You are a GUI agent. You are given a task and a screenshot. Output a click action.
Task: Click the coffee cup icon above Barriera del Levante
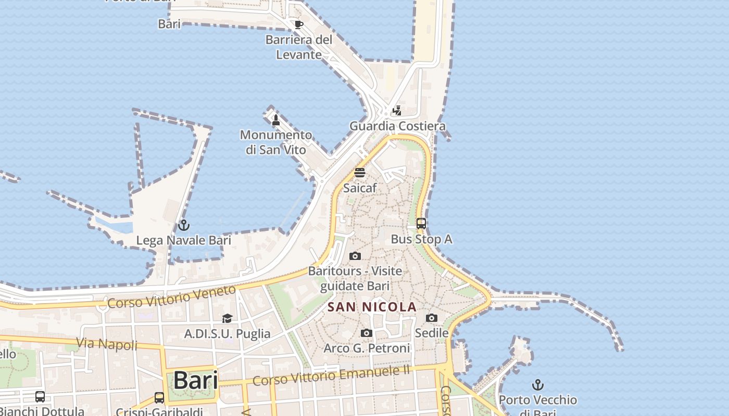298,24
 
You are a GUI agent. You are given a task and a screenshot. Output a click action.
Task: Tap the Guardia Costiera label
397,126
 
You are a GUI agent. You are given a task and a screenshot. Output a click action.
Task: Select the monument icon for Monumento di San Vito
276,120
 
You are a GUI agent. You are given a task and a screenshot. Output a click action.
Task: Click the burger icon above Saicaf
359,173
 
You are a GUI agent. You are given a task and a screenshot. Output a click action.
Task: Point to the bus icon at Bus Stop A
421,224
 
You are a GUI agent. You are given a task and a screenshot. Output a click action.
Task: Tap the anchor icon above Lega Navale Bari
183,225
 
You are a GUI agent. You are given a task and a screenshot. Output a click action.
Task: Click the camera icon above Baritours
355,256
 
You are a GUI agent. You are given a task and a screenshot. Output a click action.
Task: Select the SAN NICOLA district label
372,307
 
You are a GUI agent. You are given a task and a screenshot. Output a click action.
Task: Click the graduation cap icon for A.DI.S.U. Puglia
227,318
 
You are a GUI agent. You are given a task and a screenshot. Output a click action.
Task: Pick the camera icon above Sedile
432,318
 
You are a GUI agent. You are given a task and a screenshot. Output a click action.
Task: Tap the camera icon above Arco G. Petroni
367,333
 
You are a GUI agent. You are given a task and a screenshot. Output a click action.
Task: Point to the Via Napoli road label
107,344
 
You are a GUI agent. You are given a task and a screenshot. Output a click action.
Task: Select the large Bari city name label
195,380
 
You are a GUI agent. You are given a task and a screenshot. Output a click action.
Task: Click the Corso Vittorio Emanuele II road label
331,375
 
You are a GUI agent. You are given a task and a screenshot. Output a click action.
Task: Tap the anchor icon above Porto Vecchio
537,385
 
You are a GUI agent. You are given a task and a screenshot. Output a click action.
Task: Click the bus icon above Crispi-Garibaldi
159,398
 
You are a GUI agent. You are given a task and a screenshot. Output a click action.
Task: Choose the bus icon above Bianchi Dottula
40,397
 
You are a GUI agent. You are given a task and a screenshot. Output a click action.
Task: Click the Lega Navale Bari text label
183,240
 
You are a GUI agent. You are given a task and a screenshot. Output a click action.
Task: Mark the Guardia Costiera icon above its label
397,110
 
